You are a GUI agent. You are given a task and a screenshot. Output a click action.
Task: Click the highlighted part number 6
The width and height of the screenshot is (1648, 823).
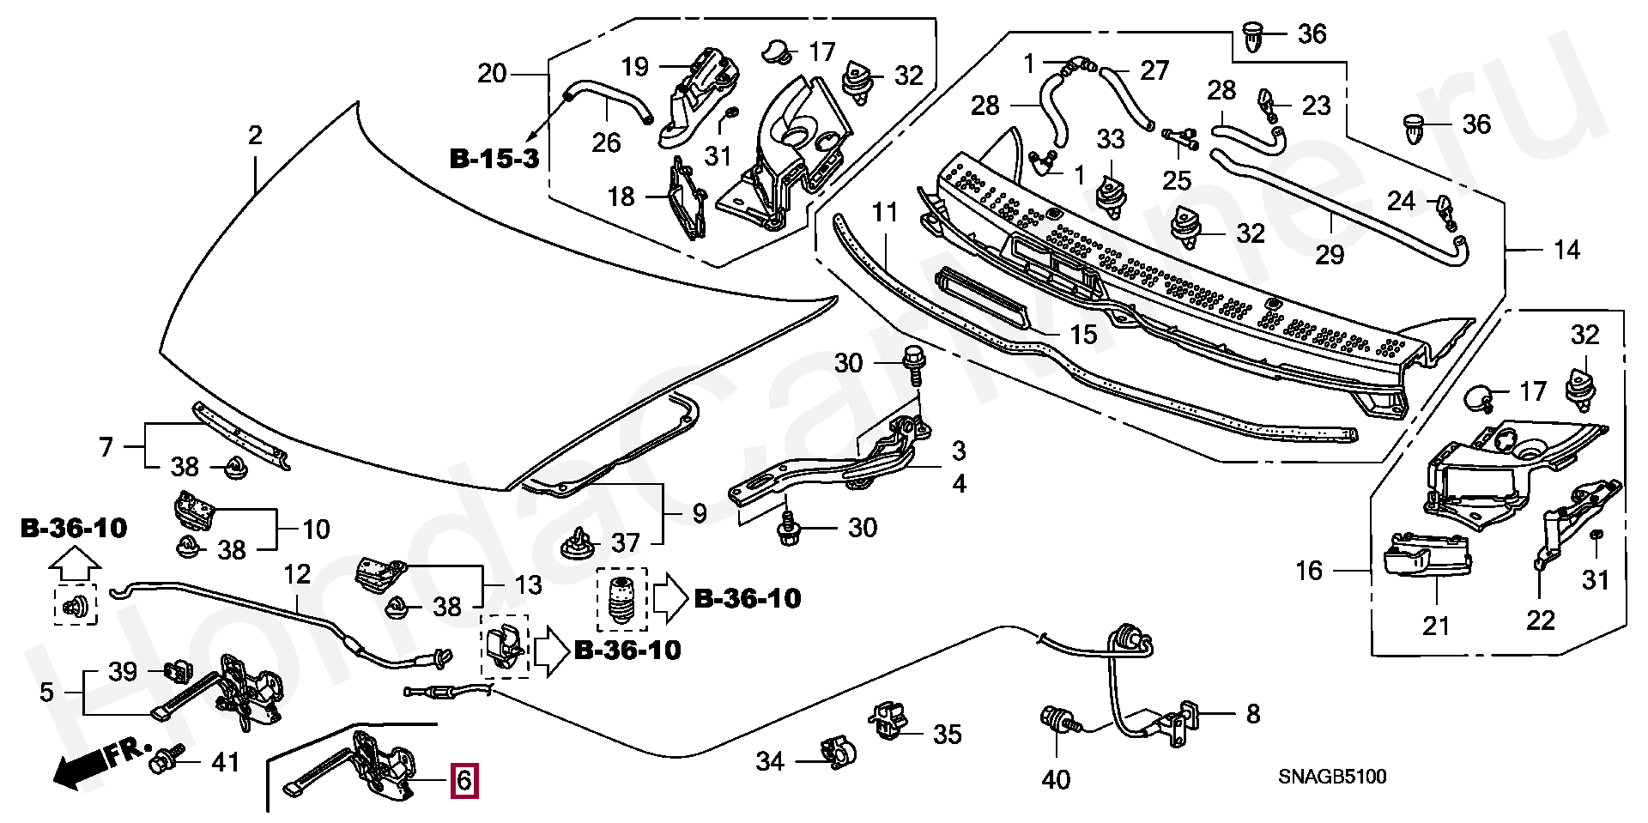click(463, 781)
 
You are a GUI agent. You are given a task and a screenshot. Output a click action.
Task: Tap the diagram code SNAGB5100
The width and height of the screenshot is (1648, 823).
click(1332, 777)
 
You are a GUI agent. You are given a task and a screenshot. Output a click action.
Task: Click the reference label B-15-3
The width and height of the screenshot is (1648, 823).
click(494, 159)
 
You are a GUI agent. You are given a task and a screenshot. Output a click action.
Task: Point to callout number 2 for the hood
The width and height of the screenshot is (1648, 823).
click(255, 136)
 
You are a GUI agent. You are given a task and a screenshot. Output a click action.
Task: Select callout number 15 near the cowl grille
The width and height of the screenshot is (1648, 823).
click(1083, 335)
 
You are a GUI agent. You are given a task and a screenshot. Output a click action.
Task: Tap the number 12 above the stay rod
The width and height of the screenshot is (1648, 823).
click(297, 573)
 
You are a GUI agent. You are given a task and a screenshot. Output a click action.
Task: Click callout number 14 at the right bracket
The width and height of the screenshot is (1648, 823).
click(1566, 251)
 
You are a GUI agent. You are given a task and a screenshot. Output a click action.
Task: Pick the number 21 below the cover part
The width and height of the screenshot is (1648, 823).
click(1436, 626)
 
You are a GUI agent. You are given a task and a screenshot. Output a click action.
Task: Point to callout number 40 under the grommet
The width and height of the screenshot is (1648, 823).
click(1056, 779)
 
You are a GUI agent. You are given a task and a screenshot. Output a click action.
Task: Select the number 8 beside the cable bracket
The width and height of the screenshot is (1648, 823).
click(1253, 714)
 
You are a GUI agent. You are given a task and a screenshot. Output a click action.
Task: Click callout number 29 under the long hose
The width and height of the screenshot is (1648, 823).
click(1330, 255)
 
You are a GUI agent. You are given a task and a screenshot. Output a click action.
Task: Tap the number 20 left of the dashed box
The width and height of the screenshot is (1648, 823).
click(492, 74)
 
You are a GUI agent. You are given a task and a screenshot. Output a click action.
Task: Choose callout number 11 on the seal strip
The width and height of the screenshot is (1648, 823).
click(884, 212)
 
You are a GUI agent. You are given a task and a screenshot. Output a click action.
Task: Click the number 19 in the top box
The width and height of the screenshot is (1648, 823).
click(635, 67)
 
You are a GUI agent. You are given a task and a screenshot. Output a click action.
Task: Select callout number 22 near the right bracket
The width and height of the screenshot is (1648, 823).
click(1541, 620)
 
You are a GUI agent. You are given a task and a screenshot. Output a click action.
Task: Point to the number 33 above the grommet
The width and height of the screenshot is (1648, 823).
click(1111, 138)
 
